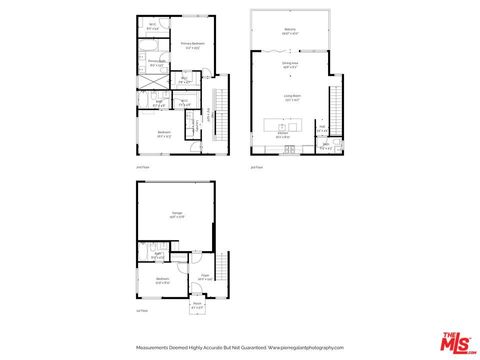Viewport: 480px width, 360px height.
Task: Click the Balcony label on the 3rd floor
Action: [289, 30]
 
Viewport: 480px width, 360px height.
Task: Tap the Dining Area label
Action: [289, 65]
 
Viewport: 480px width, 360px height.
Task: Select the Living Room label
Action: [292, 99]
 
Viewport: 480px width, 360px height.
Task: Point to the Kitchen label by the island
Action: [283, 135]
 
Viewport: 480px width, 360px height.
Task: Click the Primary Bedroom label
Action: [193, 44]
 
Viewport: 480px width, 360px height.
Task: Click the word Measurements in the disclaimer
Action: [153, 347]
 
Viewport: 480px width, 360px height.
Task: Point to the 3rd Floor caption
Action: [256, 167]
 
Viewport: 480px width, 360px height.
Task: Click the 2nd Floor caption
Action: [142, 167]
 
